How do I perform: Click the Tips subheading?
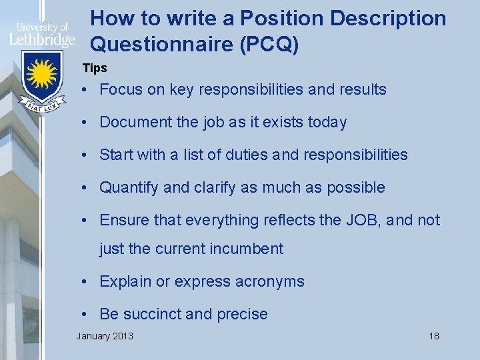pos(95,68)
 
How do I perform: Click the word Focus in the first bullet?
pos(121,89)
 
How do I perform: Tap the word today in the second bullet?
pos(324,122)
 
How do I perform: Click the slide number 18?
pos(434,335)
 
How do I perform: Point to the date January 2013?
pos(105,335)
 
